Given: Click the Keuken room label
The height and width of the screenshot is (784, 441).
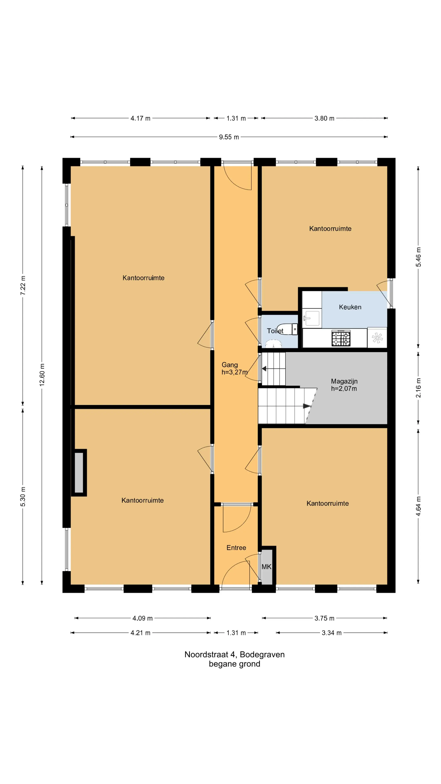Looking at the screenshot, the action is coord(350,307).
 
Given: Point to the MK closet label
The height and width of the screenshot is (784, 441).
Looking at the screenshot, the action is coord(266,567).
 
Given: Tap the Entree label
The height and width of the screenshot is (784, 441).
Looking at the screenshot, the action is coord(236,548).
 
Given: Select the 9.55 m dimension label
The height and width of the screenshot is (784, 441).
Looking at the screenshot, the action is coord(229,137).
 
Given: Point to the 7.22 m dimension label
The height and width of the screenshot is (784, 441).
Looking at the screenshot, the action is coord(23,285).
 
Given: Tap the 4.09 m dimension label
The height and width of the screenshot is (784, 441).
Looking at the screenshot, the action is coord(143,618).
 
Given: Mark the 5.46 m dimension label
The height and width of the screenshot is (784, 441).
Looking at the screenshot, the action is coord(419,257).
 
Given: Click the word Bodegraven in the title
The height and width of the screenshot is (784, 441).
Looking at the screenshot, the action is coord(262,654).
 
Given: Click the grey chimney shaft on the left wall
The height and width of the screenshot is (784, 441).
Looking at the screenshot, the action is coord(79,472).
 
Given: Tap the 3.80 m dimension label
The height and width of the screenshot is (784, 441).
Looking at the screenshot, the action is coord(324,118).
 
